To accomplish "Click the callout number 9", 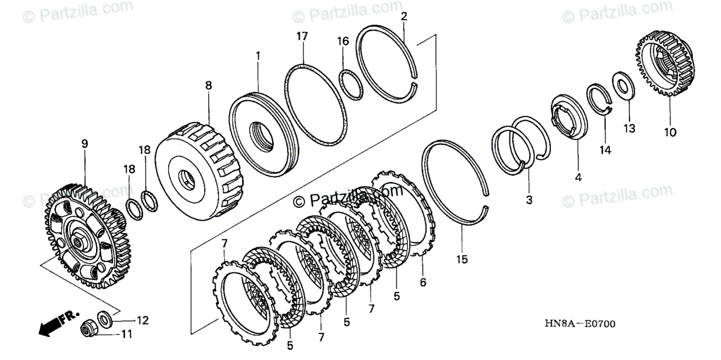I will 85,144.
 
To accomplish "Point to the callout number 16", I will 342,41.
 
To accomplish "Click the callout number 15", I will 461,260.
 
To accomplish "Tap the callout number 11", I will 127,334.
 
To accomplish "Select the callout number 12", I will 142,320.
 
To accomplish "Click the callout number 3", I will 529,199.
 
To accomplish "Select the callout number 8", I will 208,86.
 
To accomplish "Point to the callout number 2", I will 404,16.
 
